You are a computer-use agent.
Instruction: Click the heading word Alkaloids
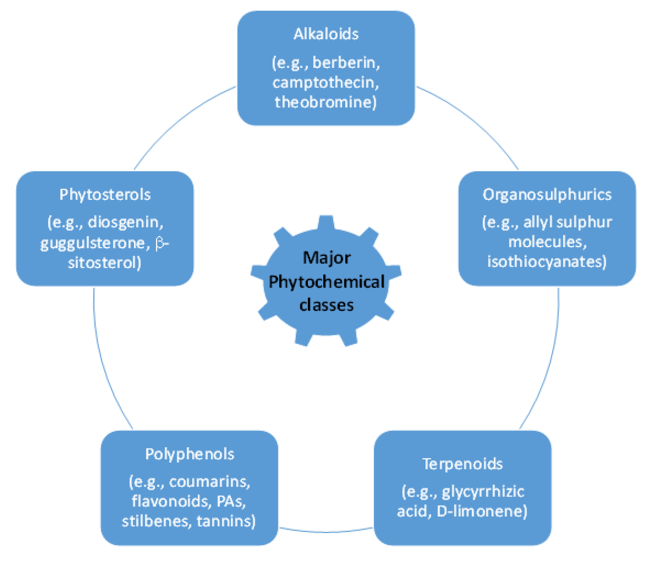(x=326, y=34)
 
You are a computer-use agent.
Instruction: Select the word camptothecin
(x=324, y=83)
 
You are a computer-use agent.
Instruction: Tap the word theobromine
(x=324, y=102)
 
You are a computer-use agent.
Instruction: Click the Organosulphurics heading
(x=547, y=195)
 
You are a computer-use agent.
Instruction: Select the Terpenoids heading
(x=462, y=464)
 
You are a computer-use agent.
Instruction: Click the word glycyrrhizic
(x=483, y=492)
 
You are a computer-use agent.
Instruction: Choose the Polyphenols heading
(x=190, y=454)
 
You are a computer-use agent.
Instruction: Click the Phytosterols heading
(x=105, y=195)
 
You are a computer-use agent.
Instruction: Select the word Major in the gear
(x=326, y=258)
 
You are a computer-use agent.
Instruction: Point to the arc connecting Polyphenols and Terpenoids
(x=326, y=532)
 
